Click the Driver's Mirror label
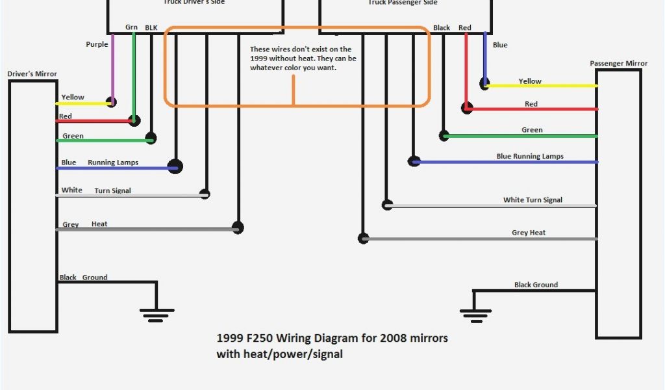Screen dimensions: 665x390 coord(32,74)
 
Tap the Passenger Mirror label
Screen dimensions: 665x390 coord(618,64)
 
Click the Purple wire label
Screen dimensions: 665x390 coord(97,44)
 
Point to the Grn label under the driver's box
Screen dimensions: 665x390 coord(132,27)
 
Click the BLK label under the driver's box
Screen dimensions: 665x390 coord(151,27)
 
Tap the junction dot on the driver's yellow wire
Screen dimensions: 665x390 coord(112,102)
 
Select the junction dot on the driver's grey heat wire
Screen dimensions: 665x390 coord(238,227)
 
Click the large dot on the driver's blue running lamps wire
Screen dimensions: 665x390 coord(175,166)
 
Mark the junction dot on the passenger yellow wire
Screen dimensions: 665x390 coord(484,83)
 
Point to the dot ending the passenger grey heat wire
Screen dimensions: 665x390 coord(363,238)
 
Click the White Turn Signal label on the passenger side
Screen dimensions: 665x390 coord(533,200)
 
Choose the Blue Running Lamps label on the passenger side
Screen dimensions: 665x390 coord(530,157)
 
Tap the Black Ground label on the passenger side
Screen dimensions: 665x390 coord(536,285)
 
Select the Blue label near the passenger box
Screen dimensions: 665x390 coord(500,45)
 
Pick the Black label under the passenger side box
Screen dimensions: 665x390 coord(442,28)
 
